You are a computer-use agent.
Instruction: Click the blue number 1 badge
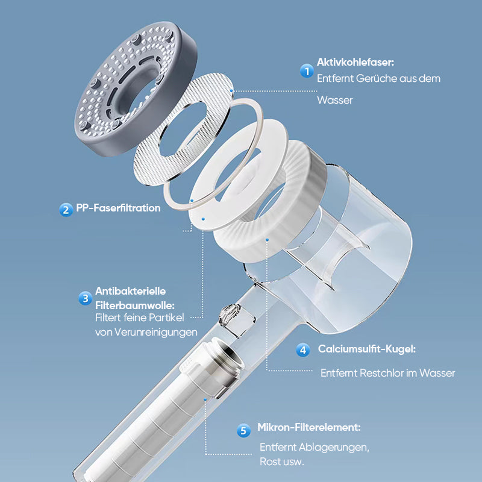click(x=307, y=71)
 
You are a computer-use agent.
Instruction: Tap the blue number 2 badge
click(x=66, y=210)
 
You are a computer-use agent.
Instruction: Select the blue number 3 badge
click(x=85, y=298)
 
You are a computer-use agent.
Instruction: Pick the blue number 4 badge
click(x=303, y=350)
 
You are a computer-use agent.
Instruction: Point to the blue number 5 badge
click(x=243, y=430)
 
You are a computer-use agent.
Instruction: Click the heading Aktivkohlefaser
click(x=355, y=63)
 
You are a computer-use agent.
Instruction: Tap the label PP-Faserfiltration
click(x=118, y=208)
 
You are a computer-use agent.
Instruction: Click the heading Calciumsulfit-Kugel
click(x=367, y=349)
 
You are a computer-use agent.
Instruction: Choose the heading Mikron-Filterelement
click(x=309, y=427)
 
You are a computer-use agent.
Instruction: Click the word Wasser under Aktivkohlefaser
click(x=335, y=100)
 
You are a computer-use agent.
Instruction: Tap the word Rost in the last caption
click(x=269, y=462)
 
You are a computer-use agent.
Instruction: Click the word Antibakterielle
click(x=130, y=291)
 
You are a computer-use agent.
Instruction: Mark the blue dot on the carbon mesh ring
click(x=231, y=91)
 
